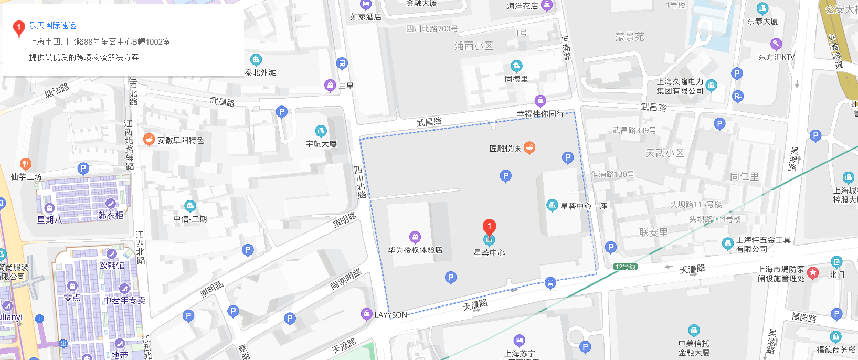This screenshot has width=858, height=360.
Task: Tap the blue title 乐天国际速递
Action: click(52, 25)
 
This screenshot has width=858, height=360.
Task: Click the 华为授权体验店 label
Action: click(415, 250)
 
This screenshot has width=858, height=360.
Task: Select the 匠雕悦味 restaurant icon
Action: click(529, 148)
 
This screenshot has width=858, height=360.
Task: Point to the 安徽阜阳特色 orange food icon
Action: click(149, 140)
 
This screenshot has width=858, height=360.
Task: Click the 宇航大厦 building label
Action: click(321, 144)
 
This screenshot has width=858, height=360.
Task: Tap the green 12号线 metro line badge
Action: click(625, 267)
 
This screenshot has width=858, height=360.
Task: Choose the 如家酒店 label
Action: click(366, 17)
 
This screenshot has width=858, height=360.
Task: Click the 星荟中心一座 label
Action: click(584, 206)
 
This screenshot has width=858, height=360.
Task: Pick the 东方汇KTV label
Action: click(776, 57)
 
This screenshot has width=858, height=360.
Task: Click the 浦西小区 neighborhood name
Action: click(473, 46)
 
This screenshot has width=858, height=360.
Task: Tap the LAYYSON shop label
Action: click(390, 315)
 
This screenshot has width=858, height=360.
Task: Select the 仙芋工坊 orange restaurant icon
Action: click(25, 164)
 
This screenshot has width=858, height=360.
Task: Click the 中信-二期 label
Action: click(190, 219)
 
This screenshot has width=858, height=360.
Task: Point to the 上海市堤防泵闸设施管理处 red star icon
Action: click(813, 272)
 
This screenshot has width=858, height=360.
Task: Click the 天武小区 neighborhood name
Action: click(664, 153)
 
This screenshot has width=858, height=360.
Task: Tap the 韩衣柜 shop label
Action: click(111, 215)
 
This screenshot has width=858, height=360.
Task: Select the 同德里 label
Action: click(516, 79)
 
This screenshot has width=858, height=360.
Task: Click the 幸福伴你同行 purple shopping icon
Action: click(540, 101)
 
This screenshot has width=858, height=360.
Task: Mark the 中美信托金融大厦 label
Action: click(694, 348)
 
